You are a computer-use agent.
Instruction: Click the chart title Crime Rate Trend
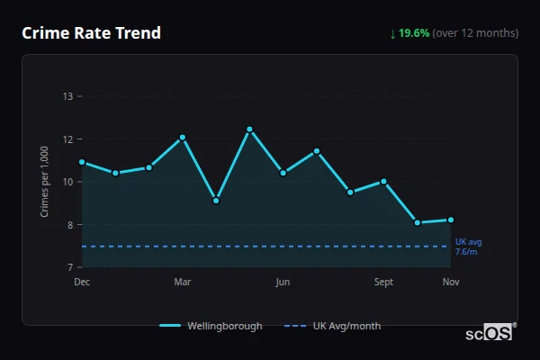point(91,33)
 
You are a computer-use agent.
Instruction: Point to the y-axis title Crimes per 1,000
point(45,182)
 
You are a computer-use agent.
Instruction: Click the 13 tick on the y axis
point(68,96)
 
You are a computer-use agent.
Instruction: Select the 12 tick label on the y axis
point(68,139)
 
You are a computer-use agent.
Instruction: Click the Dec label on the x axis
point(82,282)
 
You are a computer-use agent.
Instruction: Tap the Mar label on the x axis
point(183,282)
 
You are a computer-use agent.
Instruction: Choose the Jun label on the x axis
point(283,282)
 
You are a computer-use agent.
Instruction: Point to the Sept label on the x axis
point(383,282)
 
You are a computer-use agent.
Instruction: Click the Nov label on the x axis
point(451,282)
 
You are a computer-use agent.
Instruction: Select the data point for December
point(82,162)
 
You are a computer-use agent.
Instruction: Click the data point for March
point(183,138)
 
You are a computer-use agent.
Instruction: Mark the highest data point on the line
point(249,130)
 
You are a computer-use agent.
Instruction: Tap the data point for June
point(283,173)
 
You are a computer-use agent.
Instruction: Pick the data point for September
point(383,181)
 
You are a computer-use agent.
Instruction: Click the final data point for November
point(451,220)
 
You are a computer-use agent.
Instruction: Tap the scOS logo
point(489,333)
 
